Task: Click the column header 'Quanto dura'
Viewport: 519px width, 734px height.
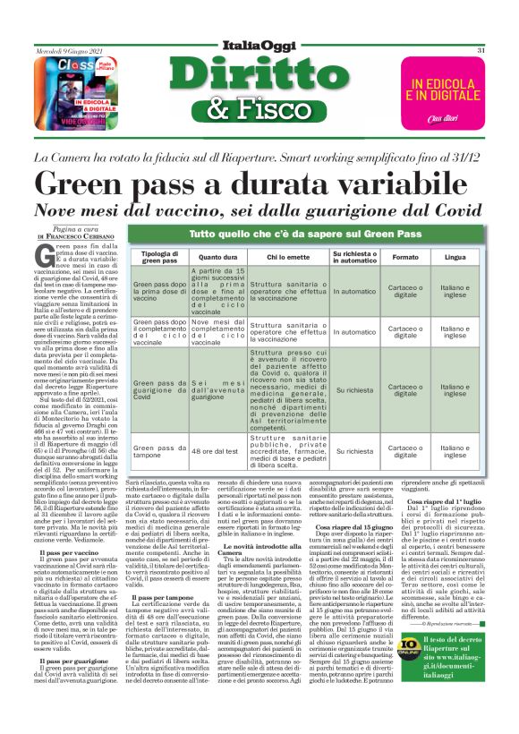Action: [x=217, y=258]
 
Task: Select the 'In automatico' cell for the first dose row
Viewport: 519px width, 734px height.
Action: [x=355, y=292]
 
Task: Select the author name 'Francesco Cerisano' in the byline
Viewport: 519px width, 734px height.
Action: [x=86, y=235]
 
